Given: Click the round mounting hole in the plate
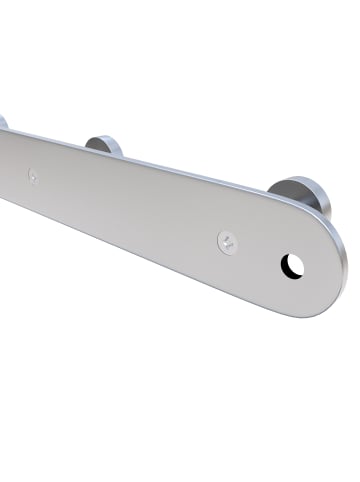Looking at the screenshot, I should point(292,264).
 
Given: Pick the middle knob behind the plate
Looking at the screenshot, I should point(105,146).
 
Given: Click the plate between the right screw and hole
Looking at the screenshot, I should point(258,252).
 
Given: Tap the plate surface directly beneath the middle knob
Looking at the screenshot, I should point(103,175).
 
